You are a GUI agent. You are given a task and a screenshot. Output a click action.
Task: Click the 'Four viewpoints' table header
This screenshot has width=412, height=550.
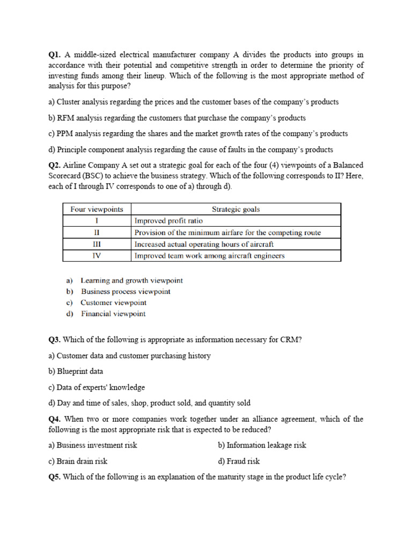point(97,209)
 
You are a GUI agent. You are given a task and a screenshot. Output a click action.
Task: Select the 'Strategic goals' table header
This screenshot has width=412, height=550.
point(236,209)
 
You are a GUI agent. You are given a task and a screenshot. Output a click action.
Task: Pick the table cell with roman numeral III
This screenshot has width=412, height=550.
point(97,244)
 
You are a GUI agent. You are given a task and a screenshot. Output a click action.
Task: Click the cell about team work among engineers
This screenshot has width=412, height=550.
point(209,256)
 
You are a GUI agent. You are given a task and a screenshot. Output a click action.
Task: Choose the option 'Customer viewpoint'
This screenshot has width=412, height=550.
point(113,302)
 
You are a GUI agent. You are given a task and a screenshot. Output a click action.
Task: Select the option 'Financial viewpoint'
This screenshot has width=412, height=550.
point(113,314)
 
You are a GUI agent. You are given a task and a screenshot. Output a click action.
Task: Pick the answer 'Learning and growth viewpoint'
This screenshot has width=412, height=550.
point(131,280)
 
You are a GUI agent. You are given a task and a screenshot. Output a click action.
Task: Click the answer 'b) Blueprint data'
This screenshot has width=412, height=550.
point(76,371)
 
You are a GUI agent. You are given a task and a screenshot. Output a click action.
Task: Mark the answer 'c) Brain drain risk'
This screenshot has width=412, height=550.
point(78,461)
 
